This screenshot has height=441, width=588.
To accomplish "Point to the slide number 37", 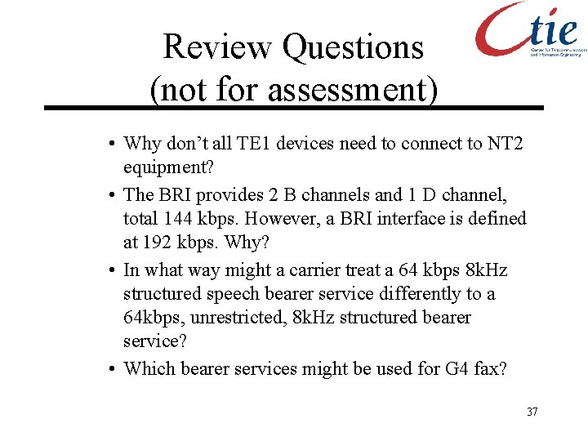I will pos(532,412).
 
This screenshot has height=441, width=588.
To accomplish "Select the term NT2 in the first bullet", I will pos(506,145).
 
